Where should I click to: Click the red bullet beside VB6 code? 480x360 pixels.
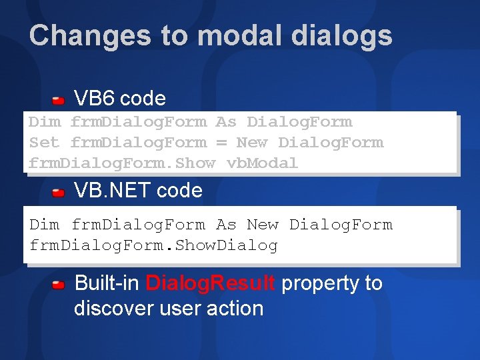[x=59, y=100]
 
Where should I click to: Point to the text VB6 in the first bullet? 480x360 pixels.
[x=94, y=99]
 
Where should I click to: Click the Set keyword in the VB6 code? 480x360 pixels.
[x=44, y=143]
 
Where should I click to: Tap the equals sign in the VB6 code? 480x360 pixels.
[x=221, y=143]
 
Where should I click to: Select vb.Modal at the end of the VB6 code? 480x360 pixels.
[x=263, y=163]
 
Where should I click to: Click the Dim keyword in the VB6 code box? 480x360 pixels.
[x=44, y=122]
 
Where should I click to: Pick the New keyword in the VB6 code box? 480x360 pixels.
[x=252, y=143]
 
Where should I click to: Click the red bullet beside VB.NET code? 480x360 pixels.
[x=59, y=192]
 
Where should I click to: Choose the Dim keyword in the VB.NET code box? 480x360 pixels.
[x=45, y=225]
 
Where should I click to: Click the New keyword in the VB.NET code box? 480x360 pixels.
[x=263, y=225]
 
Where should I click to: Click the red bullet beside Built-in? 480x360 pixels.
[x=59, y=285]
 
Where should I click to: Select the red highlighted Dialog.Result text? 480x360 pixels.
[x=210, y=283]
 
